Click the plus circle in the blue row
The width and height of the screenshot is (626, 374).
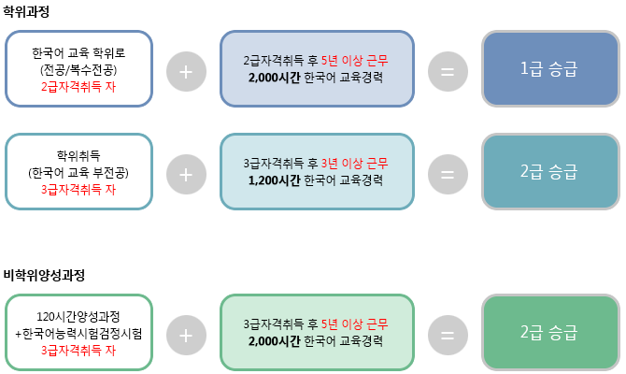(187, 71)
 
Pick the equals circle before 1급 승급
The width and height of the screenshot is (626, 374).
(448, 71)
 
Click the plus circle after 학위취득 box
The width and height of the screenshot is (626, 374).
(187, 174)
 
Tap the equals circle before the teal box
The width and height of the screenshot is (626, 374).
(448, 174)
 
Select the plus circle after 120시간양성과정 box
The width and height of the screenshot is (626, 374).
(187, 334)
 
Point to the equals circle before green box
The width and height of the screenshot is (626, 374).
(448, 334)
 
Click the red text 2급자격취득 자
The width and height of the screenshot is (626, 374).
(78, 86)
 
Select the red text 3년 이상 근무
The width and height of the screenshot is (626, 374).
(354, 164)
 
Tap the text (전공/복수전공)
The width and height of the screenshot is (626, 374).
(78, 70)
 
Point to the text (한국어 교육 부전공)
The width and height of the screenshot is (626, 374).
(78, 173)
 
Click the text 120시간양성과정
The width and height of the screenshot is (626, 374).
(78, 317)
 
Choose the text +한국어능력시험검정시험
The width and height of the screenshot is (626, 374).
(78, 333)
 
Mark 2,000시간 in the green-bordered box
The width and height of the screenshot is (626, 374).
(276, 340)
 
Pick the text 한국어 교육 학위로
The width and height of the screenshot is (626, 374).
(78, 53)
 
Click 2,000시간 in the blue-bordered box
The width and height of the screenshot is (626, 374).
(276, 78)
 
